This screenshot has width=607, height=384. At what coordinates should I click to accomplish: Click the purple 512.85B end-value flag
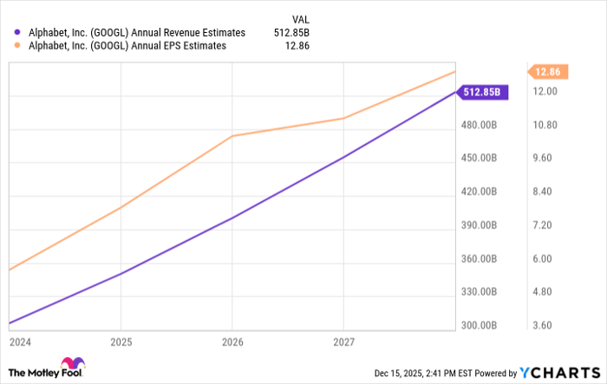pos(481,91)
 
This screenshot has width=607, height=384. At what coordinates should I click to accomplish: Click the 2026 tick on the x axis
pos(231,342)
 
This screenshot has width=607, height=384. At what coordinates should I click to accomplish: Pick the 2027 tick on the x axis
pos(344,342)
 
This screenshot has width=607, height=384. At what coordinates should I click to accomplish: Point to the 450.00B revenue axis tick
pos(478,158)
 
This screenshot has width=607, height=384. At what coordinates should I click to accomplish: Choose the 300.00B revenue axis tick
pos(478,325)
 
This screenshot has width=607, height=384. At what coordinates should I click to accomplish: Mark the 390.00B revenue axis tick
pos(478,225)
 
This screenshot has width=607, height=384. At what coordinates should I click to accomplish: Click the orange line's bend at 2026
pos(231,136)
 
